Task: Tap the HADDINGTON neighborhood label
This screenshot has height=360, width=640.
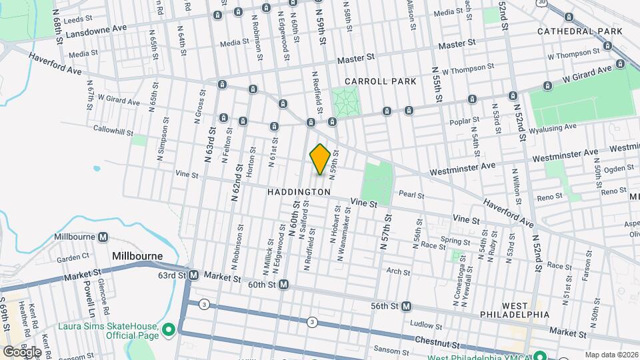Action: pos(299,192)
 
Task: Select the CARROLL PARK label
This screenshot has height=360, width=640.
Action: pos(382,81)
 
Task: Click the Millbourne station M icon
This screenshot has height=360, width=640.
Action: pos(103,237)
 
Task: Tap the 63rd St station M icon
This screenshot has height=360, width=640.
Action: pos(193,275)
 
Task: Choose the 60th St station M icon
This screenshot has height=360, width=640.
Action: pos(283,285)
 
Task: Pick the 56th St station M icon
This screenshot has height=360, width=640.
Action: pos(406,307)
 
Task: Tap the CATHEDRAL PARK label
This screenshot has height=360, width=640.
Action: pos(579,31)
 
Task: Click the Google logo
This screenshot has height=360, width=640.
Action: pos(22,351)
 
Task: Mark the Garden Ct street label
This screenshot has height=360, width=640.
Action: pos(73,257)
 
